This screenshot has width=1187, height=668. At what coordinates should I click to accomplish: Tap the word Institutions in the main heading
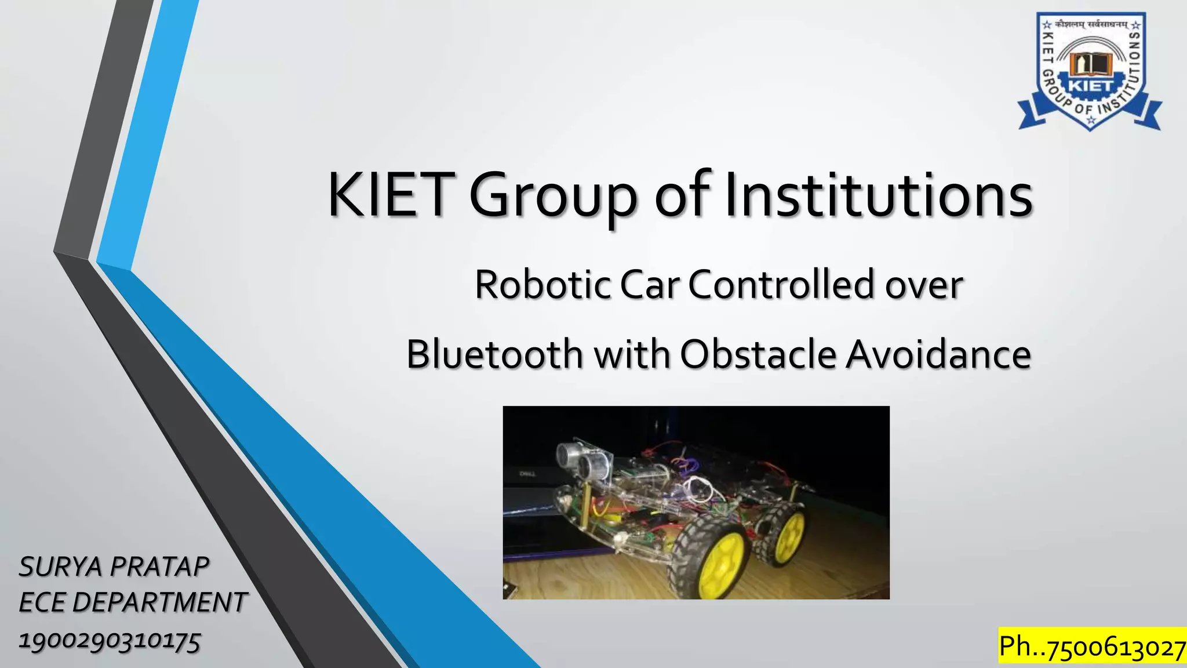(879, 195)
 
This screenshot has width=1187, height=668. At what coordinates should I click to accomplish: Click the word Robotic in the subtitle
(542, 285)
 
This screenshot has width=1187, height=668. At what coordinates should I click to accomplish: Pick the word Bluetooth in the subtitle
(494, 354)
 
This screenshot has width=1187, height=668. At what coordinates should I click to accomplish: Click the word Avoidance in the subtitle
(938, 354)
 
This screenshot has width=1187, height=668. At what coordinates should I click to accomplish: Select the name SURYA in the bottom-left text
(61, 567)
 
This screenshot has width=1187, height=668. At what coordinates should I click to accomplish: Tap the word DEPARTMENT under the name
(159, 602)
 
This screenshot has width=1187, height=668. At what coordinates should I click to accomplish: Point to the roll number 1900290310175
(110, 641)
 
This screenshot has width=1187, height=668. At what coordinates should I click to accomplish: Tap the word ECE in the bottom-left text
(42, 602)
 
